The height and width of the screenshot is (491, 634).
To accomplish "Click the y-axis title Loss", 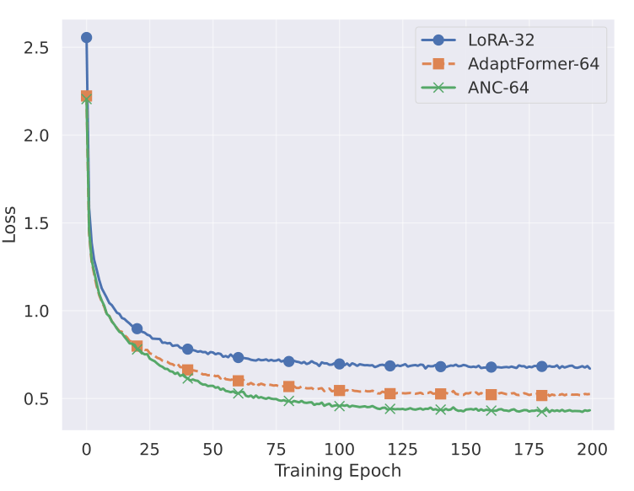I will (10, 223).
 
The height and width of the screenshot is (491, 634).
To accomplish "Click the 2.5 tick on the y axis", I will (35, 48).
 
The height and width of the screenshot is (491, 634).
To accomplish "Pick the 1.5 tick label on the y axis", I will (35, 223).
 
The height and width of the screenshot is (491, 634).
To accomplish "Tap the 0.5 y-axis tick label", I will (35, 399).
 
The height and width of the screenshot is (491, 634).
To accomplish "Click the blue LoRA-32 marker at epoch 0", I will (86, 37).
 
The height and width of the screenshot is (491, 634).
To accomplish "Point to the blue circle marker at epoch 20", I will (137, 328).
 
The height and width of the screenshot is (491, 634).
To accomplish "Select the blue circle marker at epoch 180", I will (541, 366).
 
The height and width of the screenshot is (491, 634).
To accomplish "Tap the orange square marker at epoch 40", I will (187, 370).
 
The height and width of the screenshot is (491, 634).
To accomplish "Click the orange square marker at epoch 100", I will (339, 390).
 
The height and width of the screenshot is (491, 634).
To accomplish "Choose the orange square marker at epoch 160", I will (491, 394).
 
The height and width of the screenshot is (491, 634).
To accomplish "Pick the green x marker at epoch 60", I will (238, 392).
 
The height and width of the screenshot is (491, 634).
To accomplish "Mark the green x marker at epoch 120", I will (390, 408).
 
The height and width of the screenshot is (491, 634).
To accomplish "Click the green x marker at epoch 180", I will (541, 411).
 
